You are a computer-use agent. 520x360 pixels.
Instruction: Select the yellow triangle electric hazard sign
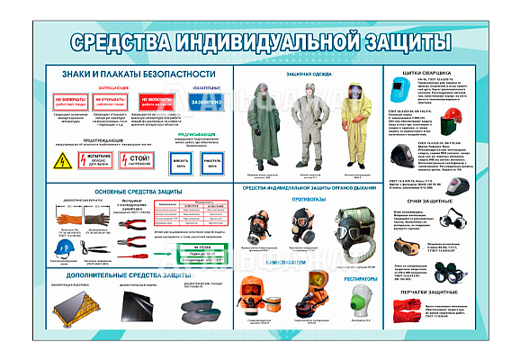[63, 162]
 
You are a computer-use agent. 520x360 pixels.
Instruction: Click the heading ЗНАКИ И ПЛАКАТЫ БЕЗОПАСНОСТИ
[138, 73]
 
